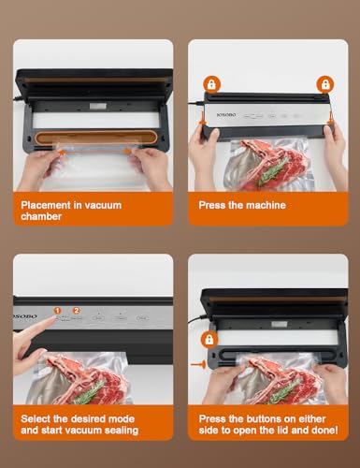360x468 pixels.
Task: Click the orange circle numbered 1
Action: [x=57, y=310]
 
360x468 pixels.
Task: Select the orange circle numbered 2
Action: [x=77, y=310]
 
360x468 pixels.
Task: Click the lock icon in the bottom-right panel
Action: [x=210, y=338]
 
